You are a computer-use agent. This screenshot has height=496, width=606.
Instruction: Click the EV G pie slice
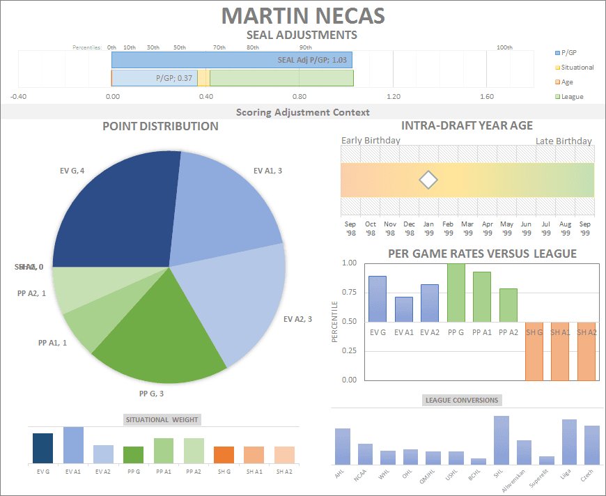(118, 209)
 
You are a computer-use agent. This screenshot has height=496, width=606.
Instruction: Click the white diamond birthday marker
(428, 180)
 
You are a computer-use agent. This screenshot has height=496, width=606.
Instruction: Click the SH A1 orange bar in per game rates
(561, 352)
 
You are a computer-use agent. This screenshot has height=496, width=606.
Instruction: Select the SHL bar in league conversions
(501, 440)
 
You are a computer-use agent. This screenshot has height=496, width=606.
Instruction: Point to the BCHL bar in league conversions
(479, 460)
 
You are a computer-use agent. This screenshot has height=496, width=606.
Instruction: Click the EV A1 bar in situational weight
(73, 445)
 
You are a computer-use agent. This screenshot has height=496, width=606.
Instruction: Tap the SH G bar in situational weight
(224, 455)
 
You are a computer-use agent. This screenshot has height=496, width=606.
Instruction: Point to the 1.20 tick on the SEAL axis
(394, 97)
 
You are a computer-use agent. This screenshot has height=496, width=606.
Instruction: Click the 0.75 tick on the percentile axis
(348, 293)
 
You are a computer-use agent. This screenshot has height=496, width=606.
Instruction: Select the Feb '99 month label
(449, 228)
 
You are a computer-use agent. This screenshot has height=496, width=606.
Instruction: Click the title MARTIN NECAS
(302, 15)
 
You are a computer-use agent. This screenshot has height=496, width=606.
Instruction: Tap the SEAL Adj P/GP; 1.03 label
(312, 60)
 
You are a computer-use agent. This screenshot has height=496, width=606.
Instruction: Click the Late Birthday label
(564, 141)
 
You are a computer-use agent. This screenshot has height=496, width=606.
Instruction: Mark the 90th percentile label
(305, 47)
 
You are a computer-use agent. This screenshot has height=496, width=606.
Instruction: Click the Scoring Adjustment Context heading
(302, 112)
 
